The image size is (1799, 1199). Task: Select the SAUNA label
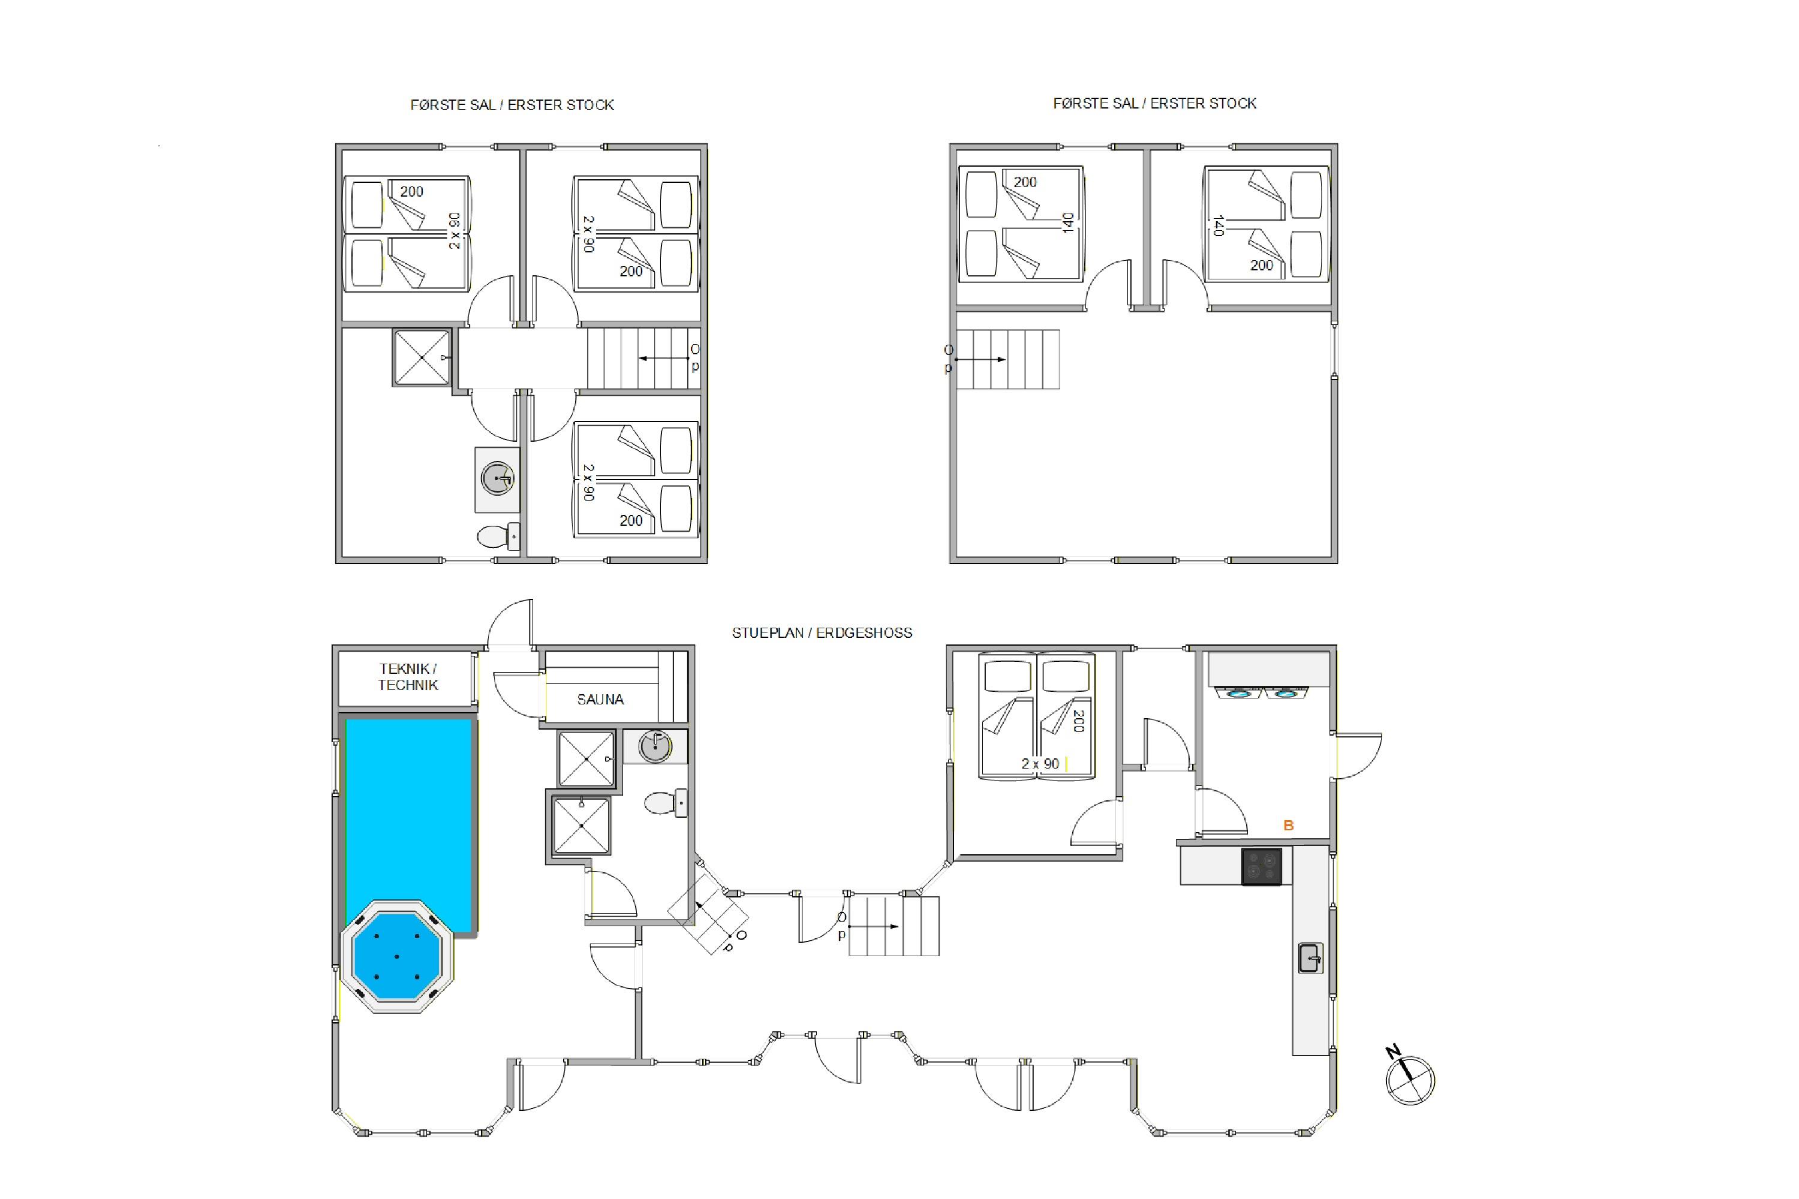[600, 699]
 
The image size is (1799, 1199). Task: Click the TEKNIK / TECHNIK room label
[408, 677]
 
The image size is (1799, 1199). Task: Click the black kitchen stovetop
[1261, 866]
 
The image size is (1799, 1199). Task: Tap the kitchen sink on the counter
[1310, 958]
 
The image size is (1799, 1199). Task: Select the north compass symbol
[1409, 1078]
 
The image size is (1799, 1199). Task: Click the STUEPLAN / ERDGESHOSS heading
[822, 633]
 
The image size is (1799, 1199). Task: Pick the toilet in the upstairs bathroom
[498, 536]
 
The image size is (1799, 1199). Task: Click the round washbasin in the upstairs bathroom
[498, 478]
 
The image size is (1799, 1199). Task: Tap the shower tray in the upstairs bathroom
[422, 357]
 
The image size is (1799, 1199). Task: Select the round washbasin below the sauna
[655, 747]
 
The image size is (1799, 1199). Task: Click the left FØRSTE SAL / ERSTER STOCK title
[512, 105]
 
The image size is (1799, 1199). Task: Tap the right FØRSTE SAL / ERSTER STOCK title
[1155, 103]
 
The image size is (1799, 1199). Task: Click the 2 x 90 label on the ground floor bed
[1040, 764]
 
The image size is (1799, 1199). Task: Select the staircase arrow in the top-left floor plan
[663, 358]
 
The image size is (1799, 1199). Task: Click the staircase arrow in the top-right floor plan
[980, 359]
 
